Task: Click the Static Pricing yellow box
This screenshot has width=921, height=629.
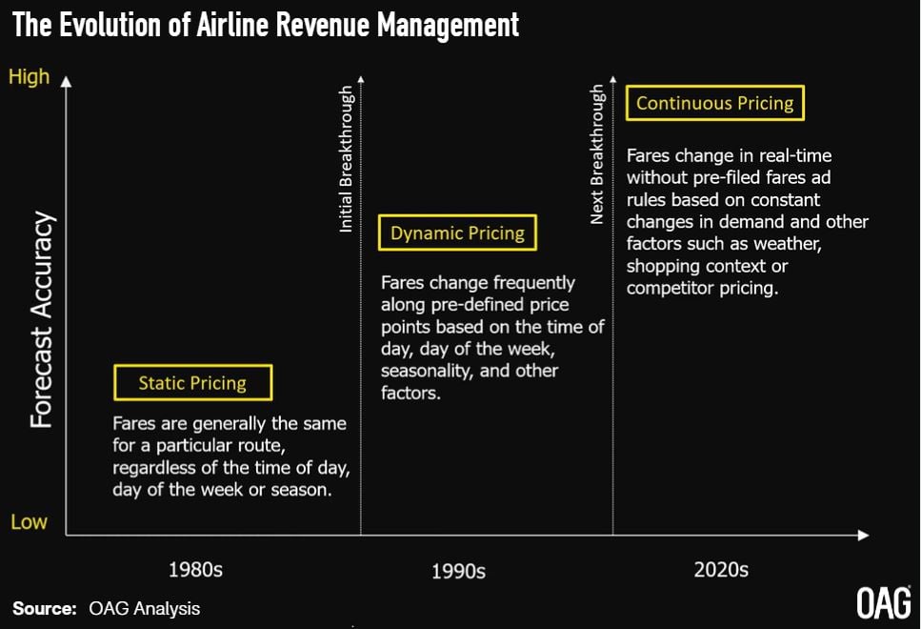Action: coord(192,383)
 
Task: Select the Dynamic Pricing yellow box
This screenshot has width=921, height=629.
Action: coord(457,233)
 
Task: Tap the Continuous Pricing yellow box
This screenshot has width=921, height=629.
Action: coord(714,103)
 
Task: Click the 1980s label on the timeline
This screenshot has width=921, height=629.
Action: coord(195,570)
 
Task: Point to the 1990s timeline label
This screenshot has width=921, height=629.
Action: coord(458,571)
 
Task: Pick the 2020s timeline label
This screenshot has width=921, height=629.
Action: coord(721,570)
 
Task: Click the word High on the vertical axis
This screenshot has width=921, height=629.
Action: coord(29,77)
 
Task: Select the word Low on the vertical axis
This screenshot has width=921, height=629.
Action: coord(28,522)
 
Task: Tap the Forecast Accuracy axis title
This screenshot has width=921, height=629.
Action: coord(41,319)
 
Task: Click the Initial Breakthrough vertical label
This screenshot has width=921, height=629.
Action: coord(347,158)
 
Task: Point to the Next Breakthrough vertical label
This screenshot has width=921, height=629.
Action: coord(597,154)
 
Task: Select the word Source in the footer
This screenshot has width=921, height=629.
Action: coord(43,607)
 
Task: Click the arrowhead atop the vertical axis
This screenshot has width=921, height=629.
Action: coord(66,82)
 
